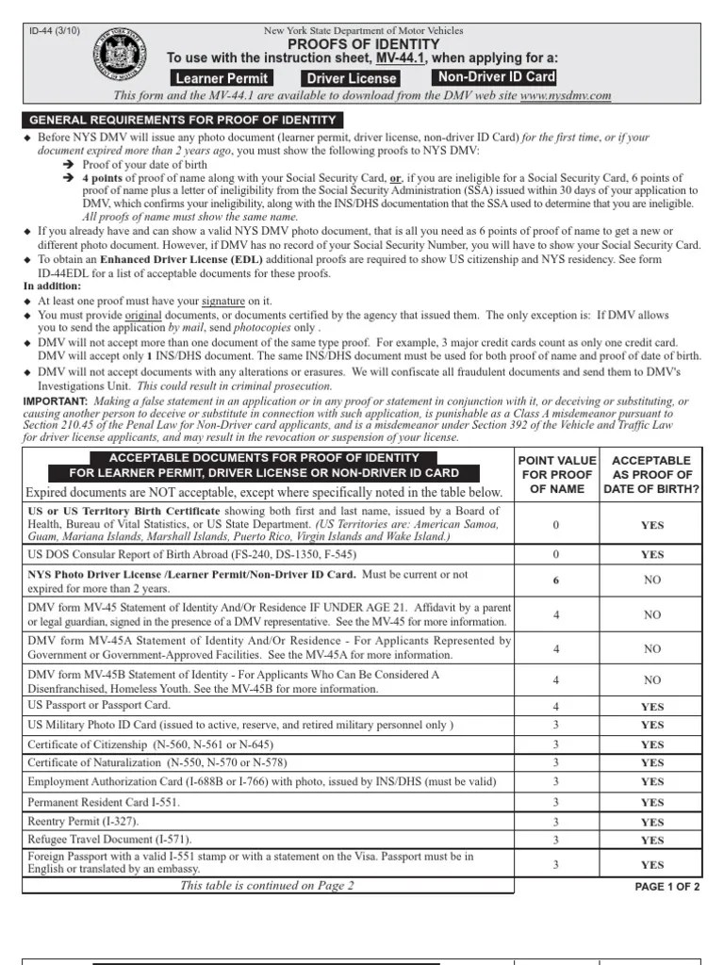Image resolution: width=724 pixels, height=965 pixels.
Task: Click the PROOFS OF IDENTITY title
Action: pyautogui.click(x=363, y=44)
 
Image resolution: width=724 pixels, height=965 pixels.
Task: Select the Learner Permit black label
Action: pyautogui.click(x=222, y=78)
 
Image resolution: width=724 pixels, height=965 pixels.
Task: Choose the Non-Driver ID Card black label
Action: pyautogui.click(x=496, y=77)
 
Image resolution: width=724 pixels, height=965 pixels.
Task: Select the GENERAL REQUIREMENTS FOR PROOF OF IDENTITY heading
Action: pyautogui.click(x=183, y=120)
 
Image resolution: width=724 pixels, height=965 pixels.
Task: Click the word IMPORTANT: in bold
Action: pyautogui.click(x=55, y=401)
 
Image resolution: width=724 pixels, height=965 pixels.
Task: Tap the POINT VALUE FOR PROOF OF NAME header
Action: pyautogui.click(x=556, y=475)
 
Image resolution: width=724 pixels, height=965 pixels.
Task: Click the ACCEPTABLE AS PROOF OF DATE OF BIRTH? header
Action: pyautogui.click(x=651, y=475)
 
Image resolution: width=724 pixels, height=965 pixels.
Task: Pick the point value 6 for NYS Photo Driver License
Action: pyautogui.click(x=556, y=581)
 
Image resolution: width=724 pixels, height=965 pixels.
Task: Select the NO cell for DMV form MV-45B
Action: pyautogui.click(x=651, y=679)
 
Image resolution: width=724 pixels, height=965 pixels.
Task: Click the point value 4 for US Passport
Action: pyautogui.click(x=556, y=706)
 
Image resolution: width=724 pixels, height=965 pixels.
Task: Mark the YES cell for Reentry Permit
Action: pyautogui.click(x=651, y=822)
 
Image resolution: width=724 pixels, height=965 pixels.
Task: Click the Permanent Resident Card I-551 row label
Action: pyautogui.click(x=104, y=802)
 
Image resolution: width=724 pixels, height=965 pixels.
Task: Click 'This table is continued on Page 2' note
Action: pyautogui.click(x=267, y=886)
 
